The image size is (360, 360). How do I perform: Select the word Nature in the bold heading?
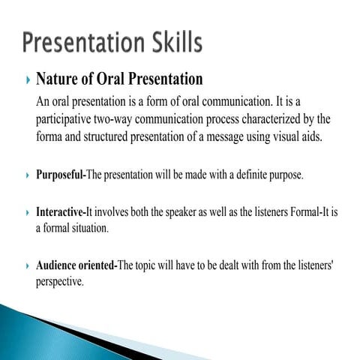(57, 79)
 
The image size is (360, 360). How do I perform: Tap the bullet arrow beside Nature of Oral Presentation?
(27, 79)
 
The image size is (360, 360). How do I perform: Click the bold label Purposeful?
(61, 175)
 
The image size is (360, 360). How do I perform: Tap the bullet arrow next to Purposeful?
(27, 175)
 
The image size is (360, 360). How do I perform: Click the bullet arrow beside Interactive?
(27, 212)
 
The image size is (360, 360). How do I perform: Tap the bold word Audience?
(58, 265)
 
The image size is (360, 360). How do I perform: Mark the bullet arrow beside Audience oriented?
(27, 265)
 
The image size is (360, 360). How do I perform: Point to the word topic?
(149, 265)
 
